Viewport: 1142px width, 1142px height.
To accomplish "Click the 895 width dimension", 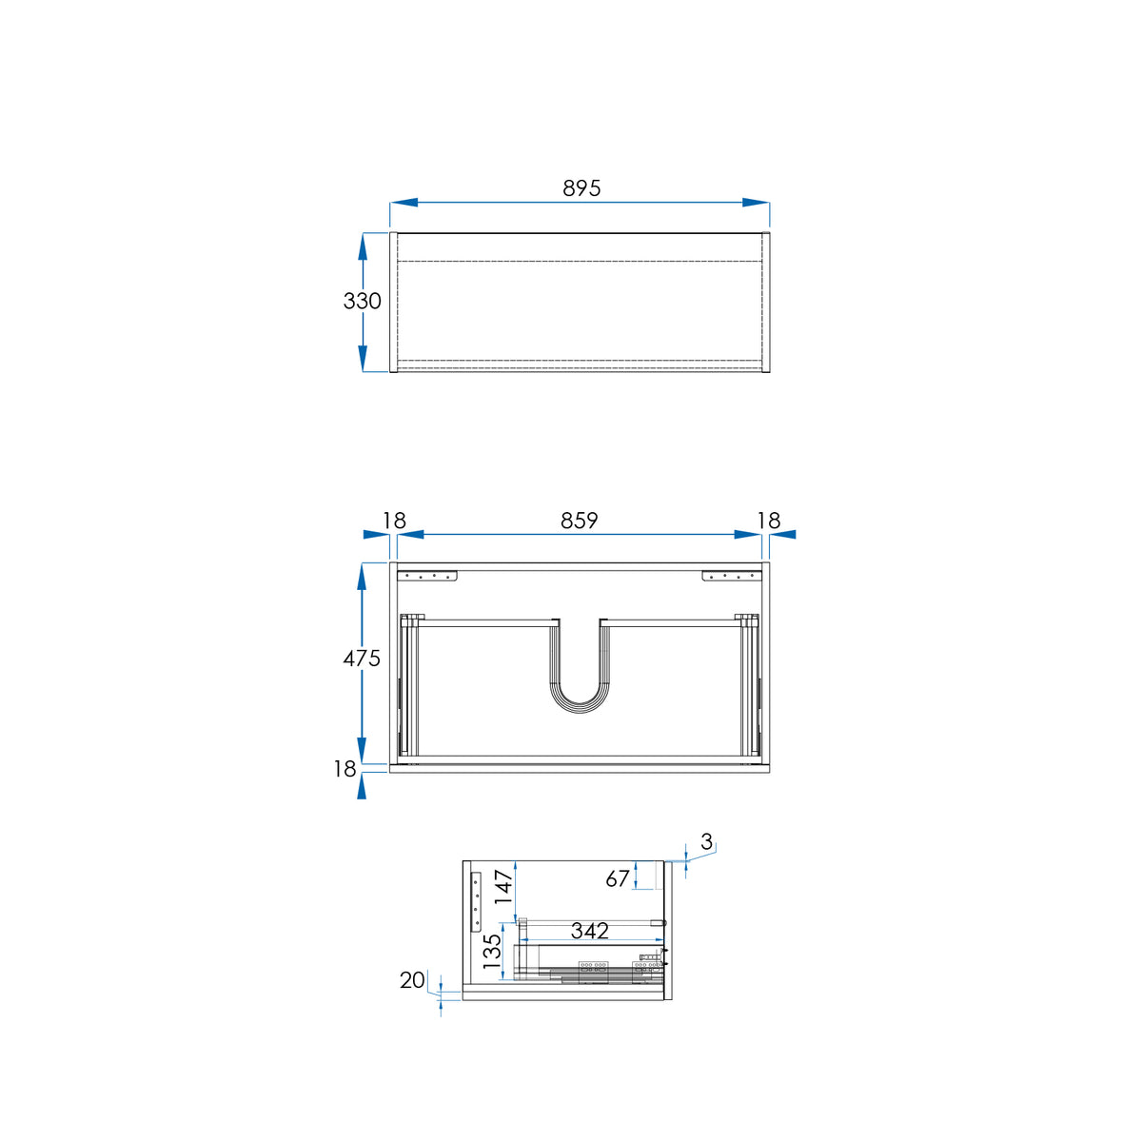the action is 581,188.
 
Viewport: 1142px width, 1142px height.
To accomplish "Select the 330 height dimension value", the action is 362,301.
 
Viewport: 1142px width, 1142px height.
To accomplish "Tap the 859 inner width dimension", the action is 579,521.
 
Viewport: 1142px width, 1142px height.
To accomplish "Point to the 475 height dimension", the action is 362,659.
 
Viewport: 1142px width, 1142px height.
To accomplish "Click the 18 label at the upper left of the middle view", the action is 394,521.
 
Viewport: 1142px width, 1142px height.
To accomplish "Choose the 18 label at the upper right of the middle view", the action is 769,521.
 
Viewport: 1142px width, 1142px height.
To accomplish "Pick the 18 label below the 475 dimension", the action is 345,769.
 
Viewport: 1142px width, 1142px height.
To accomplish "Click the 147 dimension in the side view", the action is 504,886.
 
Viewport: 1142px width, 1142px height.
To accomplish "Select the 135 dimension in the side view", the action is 492,952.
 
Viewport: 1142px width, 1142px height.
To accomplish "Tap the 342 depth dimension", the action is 590,931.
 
